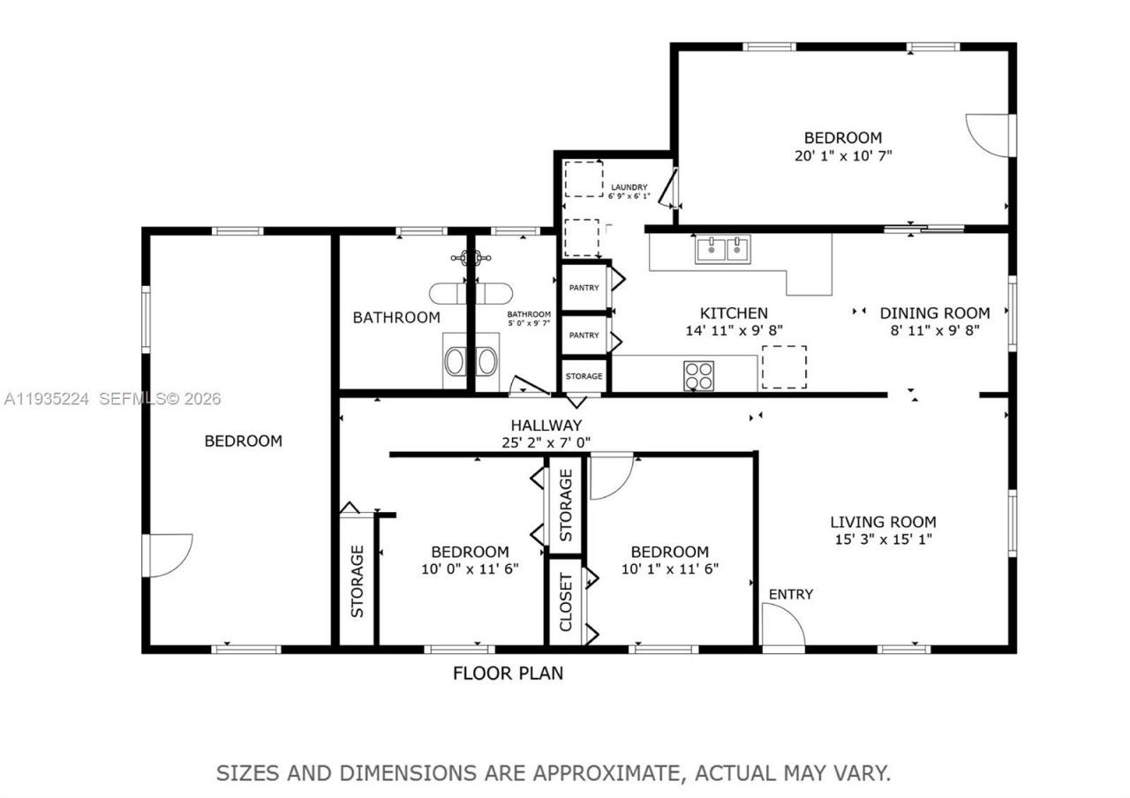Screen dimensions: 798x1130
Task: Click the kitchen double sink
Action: [722, 250]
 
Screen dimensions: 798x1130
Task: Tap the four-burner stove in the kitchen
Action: [698, 375]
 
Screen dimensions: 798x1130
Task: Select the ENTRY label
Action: [790, 594]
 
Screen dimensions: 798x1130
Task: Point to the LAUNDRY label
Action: [629, 187]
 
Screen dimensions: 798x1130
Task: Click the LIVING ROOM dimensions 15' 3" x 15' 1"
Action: [883, 539]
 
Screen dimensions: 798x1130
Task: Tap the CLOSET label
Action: [566, 602]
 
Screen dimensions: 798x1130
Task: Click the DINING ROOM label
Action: [934, 312]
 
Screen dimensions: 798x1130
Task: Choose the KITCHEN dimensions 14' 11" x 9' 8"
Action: [734, 330]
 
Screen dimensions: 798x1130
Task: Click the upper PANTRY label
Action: [584, 288]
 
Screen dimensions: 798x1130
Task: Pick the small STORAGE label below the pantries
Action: [584, 376]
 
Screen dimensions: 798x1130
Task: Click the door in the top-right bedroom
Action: [988, 135]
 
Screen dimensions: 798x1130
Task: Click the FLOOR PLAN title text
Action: [508, 674]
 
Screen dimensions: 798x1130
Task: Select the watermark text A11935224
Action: [46, 399]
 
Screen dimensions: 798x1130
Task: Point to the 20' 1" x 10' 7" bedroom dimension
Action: [842, 155]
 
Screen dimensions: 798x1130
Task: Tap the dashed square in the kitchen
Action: [783, 366]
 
